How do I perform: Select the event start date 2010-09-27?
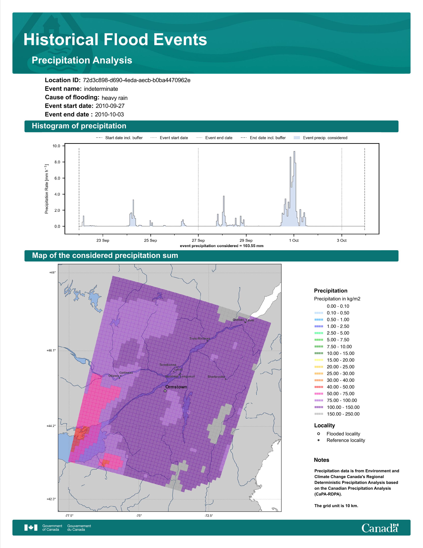[x=110, y=106]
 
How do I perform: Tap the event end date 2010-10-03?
[x=109, y=114]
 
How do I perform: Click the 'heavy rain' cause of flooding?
[x=114, y=98]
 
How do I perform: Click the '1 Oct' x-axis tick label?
[x=294, y=240]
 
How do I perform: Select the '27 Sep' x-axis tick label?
[x=198, y=240]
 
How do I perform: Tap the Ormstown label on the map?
[x=176, y=387]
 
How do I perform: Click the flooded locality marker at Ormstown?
[x=165, y=391]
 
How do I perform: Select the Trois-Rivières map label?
[x=199, y=338]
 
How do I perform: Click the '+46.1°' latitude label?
[x=51, y=351]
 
